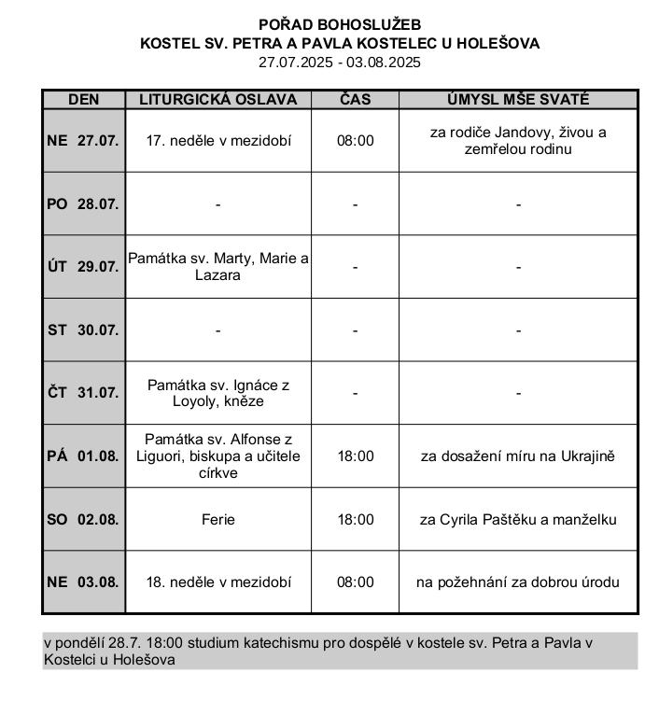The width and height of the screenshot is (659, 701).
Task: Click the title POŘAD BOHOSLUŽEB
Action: pos(340,24)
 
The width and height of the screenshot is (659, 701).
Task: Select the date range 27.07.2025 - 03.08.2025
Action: pos(340,63)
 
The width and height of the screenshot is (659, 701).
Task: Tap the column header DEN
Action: pos(84,100)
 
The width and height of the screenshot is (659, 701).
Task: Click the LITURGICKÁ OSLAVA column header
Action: pos(217,100)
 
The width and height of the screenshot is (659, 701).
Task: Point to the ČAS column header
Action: pos(355,100)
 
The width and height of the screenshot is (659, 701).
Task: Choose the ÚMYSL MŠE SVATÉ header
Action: pos(518,100)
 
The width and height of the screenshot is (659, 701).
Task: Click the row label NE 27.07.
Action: pos(83,141)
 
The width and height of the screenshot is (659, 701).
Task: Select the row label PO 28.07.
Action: pos(83,203)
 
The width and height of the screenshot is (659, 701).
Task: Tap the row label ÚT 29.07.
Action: pos(83,267)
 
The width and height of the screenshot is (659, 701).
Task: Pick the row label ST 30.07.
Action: pos(83,329)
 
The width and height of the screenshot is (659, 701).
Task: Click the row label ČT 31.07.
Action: pos(83,393)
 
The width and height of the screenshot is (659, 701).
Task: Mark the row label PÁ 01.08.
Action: pos(83,456)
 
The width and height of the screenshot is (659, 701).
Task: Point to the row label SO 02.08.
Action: pos(83,519)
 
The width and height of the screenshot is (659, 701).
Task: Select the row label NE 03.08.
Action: pos(83,582)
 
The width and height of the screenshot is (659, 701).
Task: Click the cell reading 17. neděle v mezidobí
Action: pos(218,141)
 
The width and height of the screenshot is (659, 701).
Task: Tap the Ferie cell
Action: pos(217,519)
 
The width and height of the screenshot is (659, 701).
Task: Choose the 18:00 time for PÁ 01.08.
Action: pos(355,456)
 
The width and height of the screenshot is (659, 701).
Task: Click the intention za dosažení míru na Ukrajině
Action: pos(518,456)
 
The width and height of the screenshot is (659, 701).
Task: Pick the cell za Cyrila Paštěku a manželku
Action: pos(518,519)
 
